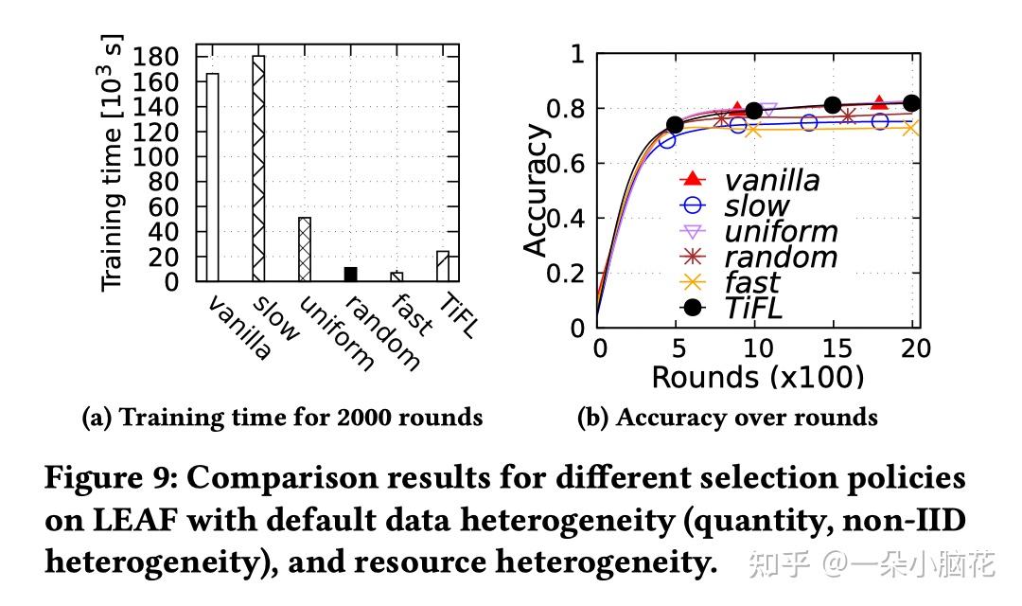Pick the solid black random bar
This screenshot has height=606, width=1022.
pyautogui.click(x=350, y=275)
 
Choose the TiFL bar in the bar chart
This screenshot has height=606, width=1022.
pyautogui.click(x=442, y=266)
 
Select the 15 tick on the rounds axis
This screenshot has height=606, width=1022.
pyautogui.click(x=835, y=348)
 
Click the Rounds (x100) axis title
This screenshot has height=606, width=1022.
pyautogui.click(x=757, y=377)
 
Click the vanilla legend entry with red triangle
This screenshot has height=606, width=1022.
pyautogui.click(x=748, y=180)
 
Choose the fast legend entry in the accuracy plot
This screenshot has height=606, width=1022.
pyautogui.click(x=729, y=282)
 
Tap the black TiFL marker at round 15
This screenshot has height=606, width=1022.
pyautogui.click(x=833, y=105)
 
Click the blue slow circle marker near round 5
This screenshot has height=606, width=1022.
pyautogui.click(x=668, y=140)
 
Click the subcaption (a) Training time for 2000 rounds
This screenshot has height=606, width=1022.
pyautogui.click(x=283, y=418)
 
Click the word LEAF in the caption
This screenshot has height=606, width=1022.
pyautogui.click(x=111, y=521)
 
